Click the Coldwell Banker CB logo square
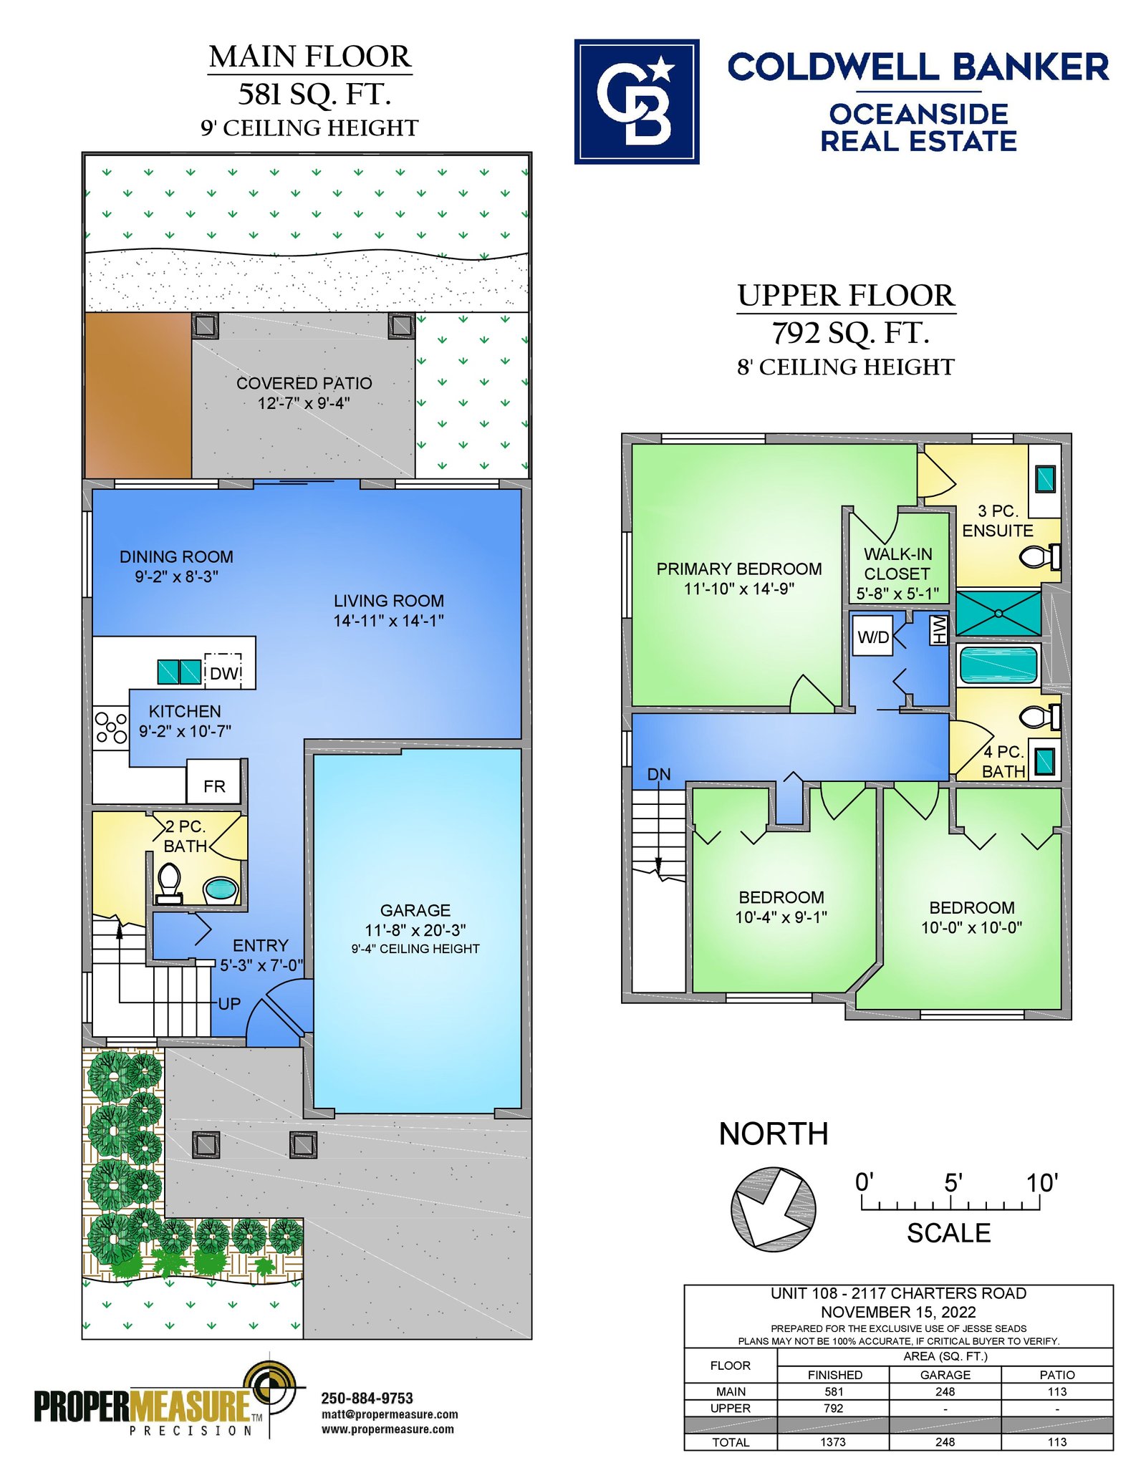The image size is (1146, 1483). coord(636,102)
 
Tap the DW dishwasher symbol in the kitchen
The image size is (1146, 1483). coord(223,672)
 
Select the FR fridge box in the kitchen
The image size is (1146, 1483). coord(213,781)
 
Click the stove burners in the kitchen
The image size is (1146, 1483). coord(111,727)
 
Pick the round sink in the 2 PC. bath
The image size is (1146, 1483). coord(221,890)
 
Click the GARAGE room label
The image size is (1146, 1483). coord(415,910)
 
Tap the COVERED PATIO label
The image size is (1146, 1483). coord(304,383)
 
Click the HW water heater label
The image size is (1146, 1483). coord(939,629)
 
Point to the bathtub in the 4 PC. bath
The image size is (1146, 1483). coord(998,665)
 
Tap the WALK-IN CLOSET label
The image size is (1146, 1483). coord(897,564)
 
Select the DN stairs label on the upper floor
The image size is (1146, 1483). coord(659,774)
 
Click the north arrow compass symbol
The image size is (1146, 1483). coord(774,1209)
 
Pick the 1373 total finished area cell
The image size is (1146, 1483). coord(833,1441)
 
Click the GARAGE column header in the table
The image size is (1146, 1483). coord(945,1375)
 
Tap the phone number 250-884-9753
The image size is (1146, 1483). coord(367,1398)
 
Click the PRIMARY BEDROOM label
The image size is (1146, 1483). coord(739,569)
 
